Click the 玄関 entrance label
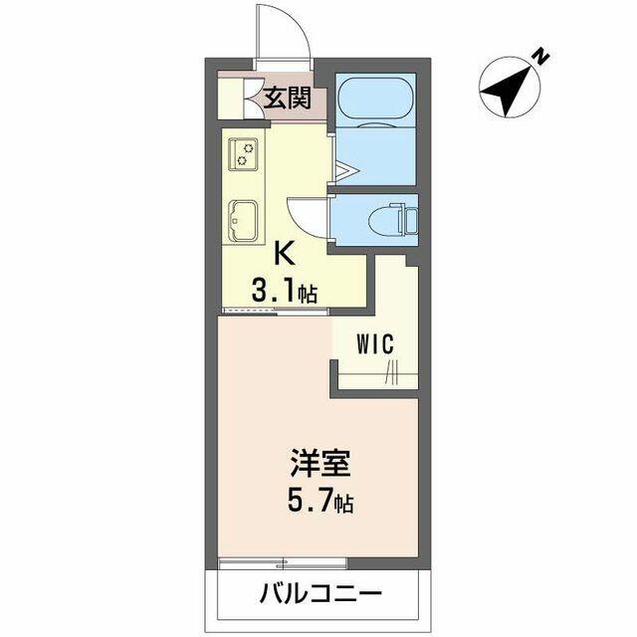pyautogui.click(x=288, y=98)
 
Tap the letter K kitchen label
pyautogui.click(x=285, y=254)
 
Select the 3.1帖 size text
pyautogui.click(x=284, y=291)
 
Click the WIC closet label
pyautogui.click(x=375, y=343)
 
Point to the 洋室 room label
pyautogui.click(x=319, y=463)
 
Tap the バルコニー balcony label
pyautogui.click(x=320, y=594)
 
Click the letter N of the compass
pyautogui.click(x=540, y=57)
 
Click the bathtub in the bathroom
pyautogui.click(x=376, y=100)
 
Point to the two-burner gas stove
pyautogui.click(x=243, y=154)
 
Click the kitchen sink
pyautogui.click(x=243, y=221)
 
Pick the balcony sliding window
pyautogui.click(x=282, y=563)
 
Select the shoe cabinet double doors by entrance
pyautogui.click(x=255, y=98)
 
